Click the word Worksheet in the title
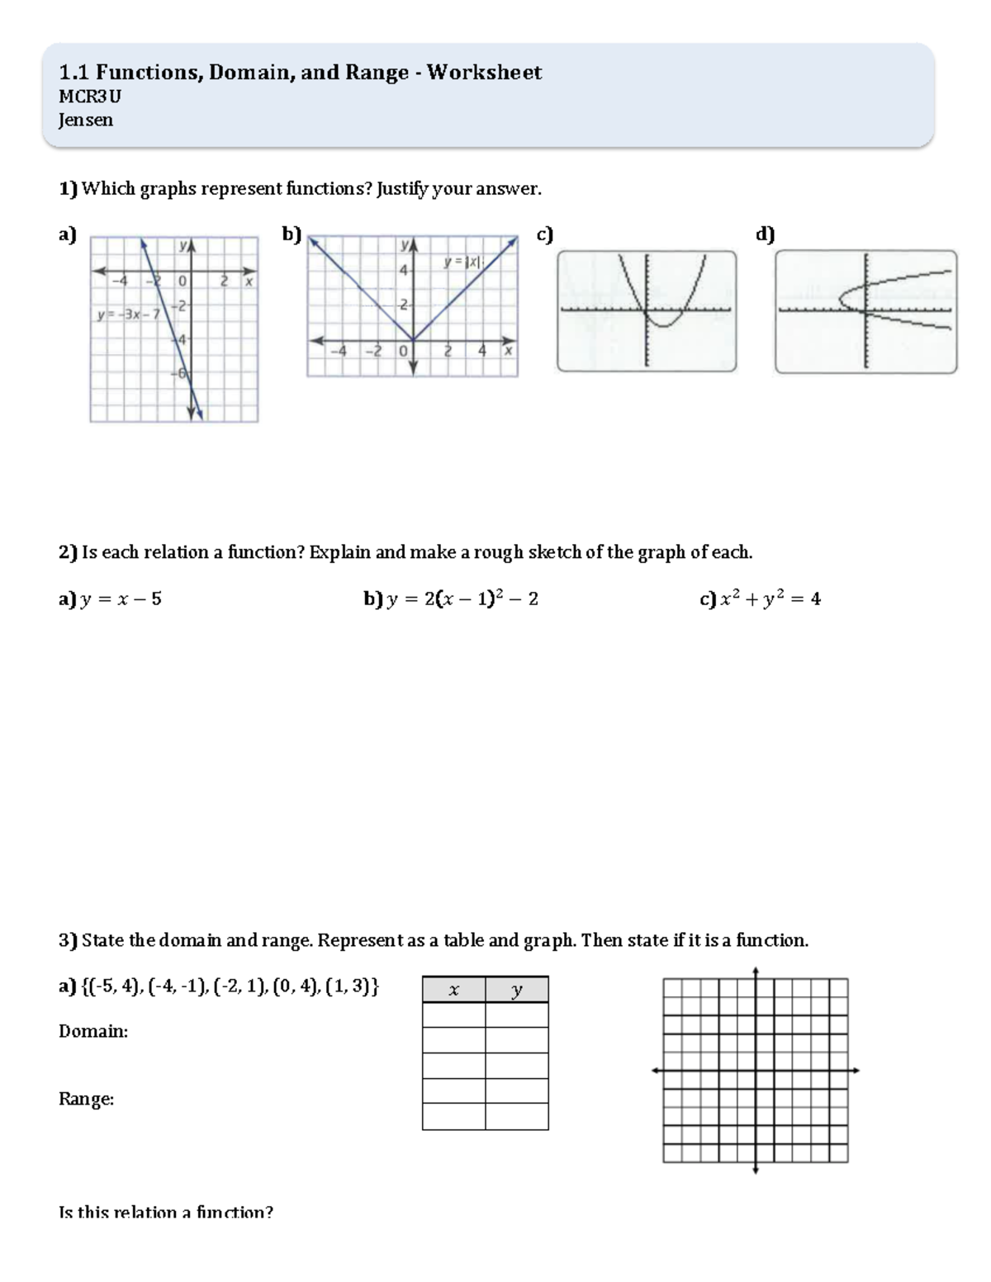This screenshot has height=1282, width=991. (484, 73)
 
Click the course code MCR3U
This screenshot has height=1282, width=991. (89, 97)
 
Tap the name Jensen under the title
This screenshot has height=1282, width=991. (86, 121)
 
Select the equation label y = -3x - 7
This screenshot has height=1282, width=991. (129, 315)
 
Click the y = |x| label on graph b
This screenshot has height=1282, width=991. (462, 262)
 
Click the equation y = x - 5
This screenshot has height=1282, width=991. (121, 599)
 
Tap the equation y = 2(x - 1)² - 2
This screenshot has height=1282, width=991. (462, 599)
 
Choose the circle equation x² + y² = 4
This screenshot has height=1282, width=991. (770, 599)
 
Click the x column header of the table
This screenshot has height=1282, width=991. (453, 990)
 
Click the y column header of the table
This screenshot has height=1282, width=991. (517, 990)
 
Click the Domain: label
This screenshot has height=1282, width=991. (93, 1031)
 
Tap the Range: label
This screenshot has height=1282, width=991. (86, 1099)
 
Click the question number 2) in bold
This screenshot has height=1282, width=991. (67, 552)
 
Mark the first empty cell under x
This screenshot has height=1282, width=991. (453, 1015)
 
